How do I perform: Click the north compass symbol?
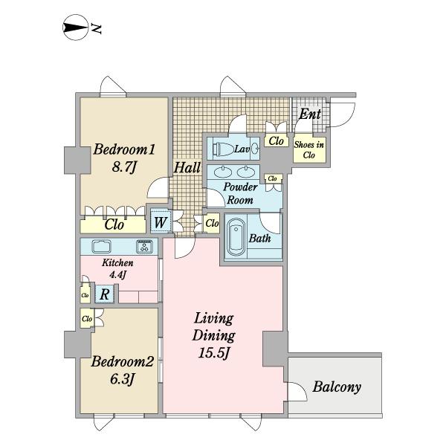75,28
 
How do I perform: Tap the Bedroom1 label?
124,149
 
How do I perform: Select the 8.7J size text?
124,167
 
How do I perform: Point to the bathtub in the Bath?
236,238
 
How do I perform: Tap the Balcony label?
337,387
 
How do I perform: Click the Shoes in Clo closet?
309,149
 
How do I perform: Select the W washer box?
160,222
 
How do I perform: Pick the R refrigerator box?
105,294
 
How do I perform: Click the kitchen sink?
101,246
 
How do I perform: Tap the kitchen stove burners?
144,246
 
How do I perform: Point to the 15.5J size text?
213,354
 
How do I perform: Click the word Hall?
187,167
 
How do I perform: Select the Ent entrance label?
309,114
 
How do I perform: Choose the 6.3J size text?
122,379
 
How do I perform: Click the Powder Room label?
240,193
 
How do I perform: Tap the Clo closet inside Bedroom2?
87,319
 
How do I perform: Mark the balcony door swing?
298,392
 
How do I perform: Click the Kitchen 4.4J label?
117,269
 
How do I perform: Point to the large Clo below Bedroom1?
113,224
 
